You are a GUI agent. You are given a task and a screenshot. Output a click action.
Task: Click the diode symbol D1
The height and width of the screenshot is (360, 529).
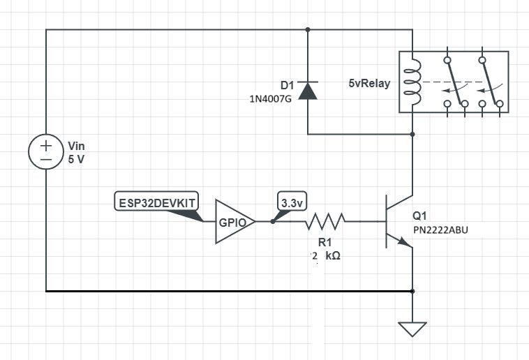308,90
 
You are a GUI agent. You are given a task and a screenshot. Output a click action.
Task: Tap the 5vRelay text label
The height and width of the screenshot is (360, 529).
369,83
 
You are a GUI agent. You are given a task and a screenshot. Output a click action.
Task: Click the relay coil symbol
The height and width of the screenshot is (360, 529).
413,82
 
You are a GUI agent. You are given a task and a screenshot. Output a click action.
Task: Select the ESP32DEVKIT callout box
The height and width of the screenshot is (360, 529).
156,202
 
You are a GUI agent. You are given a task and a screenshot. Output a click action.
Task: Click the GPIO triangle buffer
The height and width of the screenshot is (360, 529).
232,222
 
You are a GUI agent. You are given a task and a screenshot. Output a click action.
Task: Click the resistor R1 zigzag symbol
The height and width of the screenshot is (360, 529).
325,222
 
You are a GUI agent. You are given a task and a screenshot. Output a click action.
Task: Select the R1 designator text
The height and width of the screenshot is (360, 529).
325,242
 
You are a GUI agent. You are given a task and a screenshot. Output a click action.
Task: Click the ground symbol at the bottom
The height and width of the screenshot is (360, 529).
413,327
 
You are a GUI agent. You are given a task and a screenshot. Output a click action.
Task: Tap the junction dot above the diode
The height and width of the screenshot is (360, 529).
308,30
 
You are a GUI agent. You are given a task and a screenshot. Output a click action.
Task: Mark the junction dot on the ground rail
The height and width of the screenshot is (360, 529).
413,290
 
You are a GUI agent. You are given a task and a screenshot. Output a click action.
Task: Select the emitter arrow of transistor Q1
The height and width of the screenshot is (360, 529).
404,241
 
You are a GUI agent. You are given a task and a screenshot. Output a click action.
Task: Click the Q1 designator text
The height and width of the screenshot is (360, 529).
420,215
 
